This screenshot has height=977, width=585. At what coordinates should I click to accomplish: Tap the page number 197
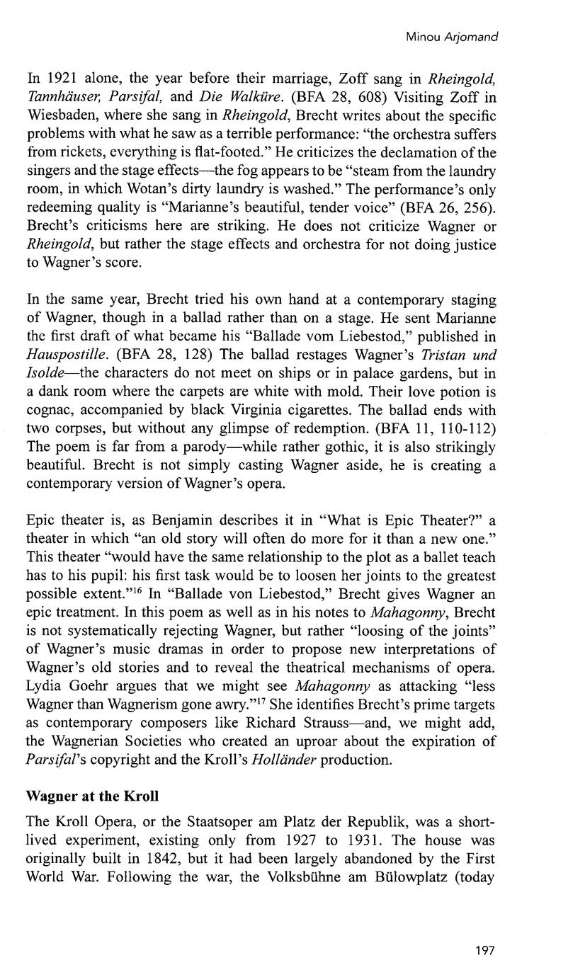[x=485, y=950]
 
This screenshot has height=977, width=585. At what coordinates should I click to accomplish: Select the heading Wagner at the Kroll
[x=92, y=796]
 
